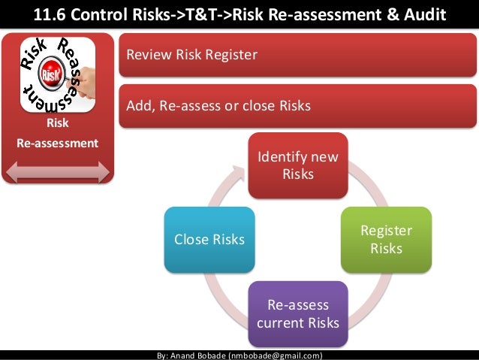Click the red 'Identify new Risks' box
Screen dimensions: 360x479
click(298, 165)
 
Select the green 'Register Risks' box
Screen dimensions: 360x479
click(387, 239)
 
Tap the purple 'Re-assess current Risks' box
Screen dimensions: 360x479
click(298, 313)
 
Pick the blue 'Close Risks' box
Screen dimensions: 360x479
click(209, 239)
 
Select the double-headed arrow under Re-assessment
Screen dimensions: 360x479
click(58, 171)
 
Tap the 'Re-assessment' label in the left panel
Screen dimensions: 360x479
click(58, 142)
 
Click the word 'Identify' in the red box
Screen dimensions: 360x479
click(280, 157)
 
